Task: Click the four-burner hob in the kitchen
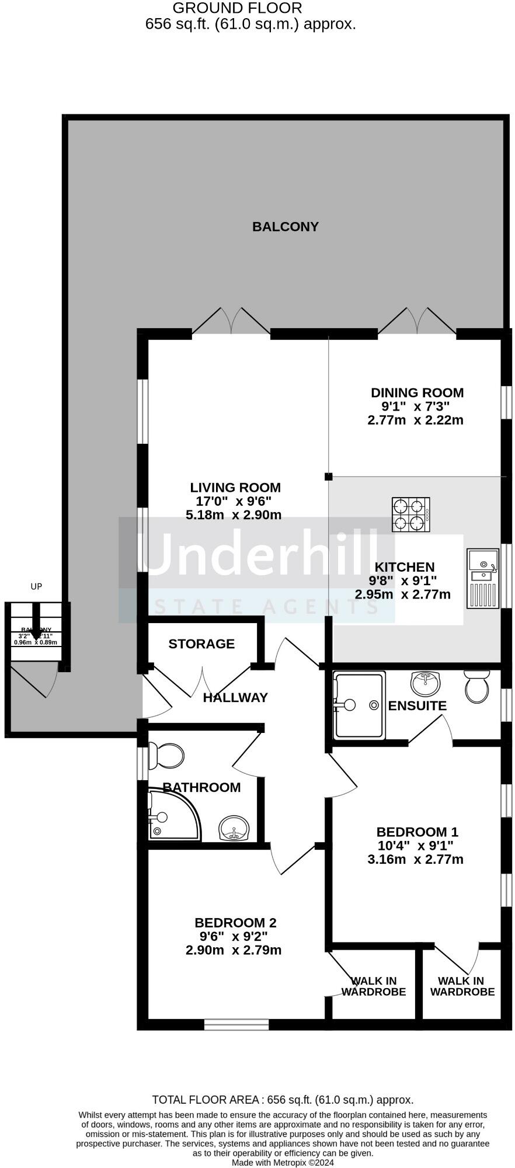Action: pyautogui.click(x=411, y=515)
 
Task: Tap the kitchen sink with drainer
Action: pyautogui.click(x=483, y=578)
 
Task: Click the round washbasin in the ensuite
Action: pyautogui.click(x=426, y=681)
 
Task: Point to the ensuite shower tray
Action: pyautogui.click(x=359, y=705)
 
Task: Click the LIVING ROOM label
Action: pyautogui.click(x=235, y=488)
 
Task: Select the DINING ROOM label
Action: pyautogui.click(x=417, y=393)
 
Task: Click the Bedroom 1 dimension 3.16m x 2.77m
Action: pyautogui.click(x=415, y=859)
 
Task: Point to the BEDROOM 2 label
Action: pyautogui.click(x=235, y=923)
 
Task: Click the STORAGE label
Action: pyautogui.click(x=201, y=644)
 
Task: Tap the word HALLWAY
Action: pyautogui.click(x=235, y=697)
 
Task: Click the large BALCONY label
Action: pyautogui.click(x=285, y=227)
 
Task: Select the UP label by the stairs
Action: pyautogui.click(x=36, y=586)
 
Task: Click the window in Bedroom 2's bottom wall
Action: pyautogui.click(x=236, y=1024)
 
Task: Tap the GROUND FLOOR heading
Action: pyautogui.click(x=238, y=8)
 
